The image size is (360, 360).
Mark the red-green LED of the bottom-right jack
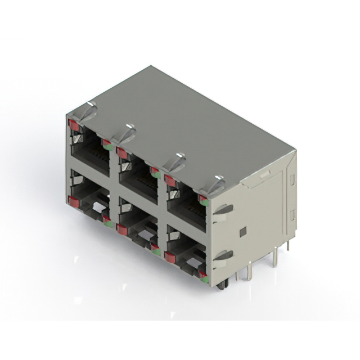click(x=202, y=276)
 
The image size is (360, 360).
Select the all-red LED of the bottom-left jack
click(x=73, y=200)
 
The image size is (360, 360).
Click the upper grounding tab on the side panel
click(x=223, y=210)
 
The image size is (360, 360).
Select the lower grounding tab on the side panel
click(x=223, y=256)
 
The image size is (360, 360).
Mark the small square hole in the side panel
click(x=242, y=232)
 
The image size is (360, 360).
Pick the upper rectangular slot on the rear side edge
click(x=291, y=179)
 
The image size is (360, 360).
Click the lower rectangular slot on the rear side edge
click(x=291, y=215)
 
